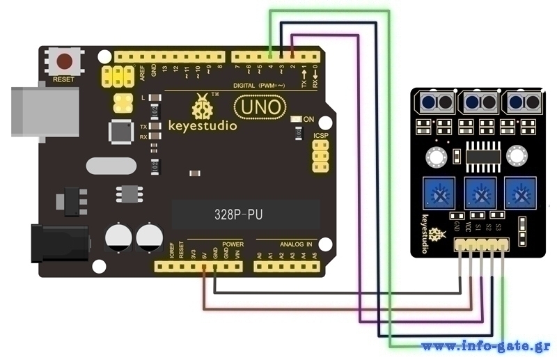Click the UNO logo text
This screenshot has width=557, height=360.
coord(259,107)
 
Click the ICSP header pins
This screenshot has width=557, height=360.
coord(320,157)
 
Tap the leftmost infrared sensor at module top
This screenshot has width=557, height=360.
coord(437,102)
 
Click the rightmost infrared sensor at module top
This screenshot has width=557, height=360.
coord(521,102)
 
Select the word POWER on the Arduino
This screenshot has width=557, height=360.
coord(233,244)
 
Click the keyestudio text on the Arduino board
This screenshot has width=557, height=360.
coord(203,126)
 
